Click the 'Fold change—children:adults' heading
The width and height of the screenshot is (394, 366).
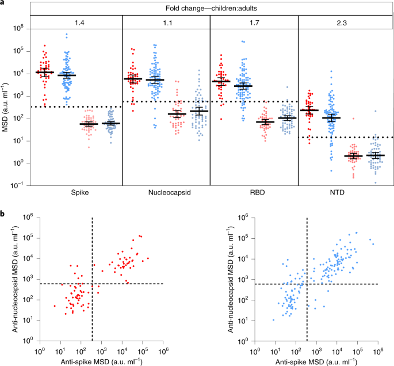(x=210, y=9)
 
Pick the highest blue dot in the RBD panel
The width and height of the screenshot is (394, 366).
(x=243, y=41)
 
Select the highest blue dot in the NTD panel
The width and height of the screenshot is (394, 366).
(x=330, y=71)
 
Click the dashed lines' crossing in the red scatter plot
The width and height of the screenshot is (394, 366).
(x=92, y=284)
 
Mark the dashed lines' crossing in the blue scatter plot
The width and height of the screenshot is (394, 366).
(x=307, y=284)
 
